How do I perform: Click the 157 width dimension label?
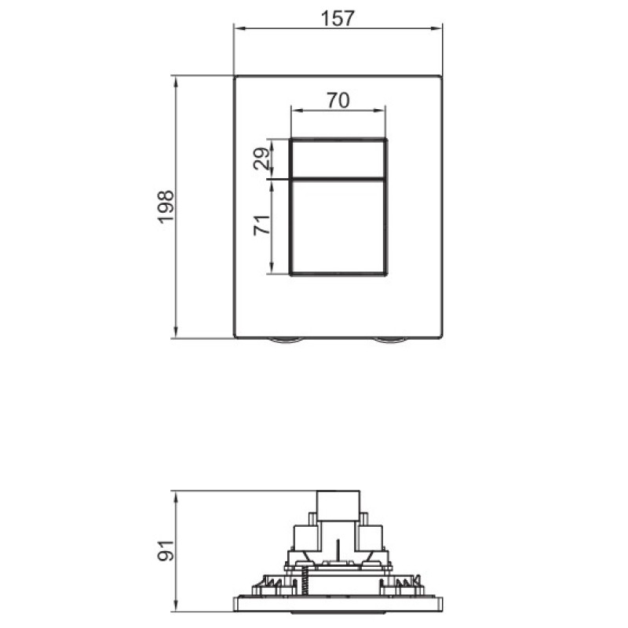[x=338, y=18]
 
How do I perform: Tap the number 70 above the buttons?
[x=338, y=100]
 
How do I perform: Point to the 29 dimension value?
[x=264, y=159]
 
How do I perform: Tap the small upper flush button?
[x=338, y=159]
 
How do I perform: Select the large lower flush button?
[x=338, y=227]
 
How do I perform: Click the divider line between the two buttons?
[x=338, y=178]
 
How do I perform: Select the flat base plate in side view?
[x=338, y=604]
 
